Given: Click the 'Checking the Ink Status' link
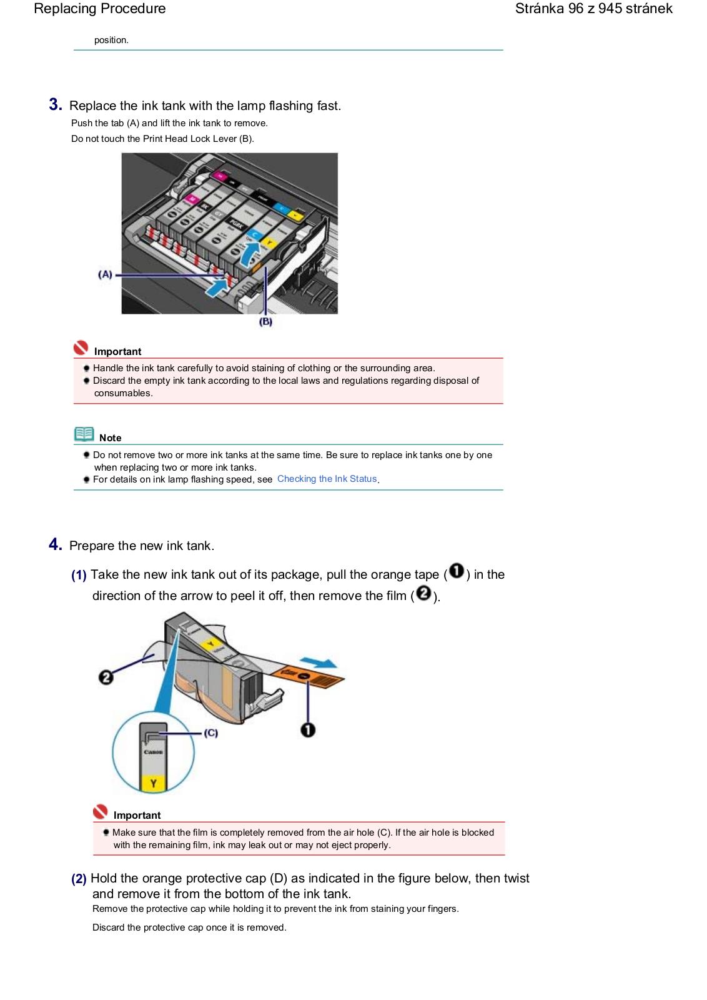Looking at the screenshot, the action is [x=327, y=479].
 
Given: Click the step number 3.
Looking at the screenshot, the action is [x=56, y=104].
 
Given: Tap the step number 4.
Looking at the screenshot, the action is [x=56, y=544].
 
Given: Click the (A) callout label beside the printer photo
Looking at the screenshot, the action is [x=105, y=274].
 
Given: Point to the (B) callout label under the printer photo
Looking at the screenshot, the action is [x=265, y=321].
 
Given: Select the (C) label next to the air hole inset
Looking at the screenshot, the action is [x=211, y=732].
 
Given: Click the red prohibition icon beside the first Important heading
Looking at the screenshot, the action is [x=81, y=347].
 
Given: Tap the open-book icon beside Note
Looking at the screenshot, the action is [x=84, y=434].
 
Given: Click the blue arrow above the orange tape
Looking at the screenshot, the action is [x=318, y=662].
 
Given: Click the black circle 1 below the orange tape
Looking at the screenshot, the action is [x=308, y=730].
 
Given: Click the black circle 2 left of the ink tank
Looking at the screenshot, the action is [x=106, y=677].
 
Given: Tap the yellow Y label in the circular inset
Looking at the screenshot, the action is [x=154, y=782].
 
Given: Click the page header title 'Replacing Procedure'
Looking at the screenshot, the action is [x=100, y=9].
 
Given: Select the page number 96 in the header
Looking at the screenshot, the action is [x=575, y=9].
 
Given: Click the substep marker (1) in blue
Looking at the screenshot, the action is [x=79, y=575].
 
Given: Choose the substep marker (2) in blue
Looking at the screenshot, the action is [x=79, y=879].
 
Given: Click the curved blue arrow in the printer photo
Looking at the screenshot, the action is [x=249, y=255].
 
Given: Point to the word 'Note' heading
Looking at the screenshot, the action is [x=111, y=438].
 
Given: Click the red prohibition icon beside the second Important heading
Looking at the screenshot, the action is [x=100, y=812].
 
